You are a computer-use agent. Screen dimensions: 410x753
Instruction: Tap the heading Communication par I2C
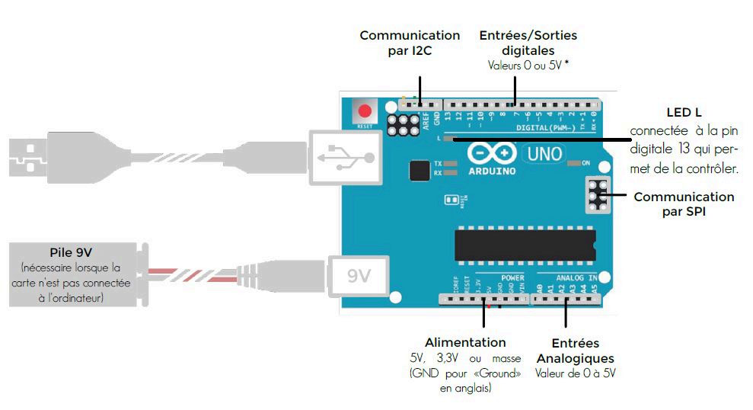coord(410,43)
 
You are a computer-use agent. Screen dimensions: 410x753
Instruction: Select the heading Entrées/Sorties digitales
coord(528,43)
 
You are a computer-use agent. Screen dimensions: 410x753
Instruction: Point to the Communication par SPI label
coord(684,203)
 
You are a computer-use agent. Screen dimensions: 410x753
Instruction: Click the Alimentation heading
coord(465,342)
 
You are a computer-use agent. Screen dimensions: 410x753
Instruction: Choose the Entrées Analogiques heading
coord(575,351)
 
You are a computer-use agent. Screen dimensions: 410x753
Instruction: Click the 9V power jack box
coord(358,275)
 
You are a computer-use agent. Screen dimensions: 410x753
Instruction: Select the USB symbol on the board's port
coord(347,157)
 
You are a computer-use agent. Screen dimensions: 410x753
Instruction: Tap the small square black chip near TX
coord(419,170)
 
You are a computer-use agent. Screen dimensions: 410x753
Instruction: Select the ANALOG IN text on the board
coord(577,278)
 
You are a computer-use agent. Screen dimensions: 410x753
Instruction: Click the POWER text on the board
coord(513,278)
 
